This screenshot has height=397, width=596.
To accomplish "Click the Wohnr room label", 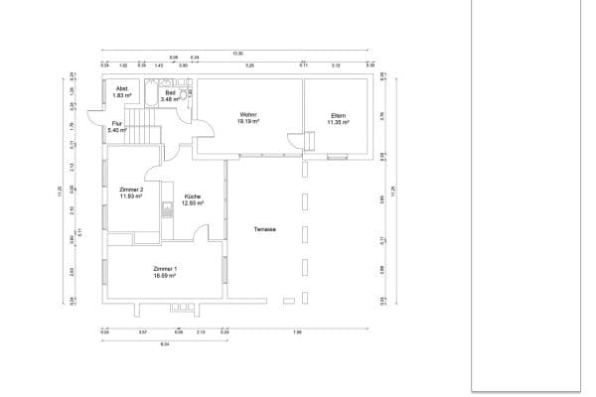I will point(248,114).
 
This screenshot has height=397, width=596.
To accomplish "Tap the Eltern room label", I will point(339,116).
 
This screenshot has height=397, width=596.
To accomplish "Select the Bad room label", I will point(170,92).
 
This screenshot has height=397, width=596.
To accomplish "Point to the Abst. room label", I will point(122,89).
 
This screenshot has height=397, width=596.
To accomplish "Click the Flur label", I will point(117,124).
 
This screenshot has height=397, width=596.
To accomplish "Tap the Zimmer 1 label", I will point(165,269).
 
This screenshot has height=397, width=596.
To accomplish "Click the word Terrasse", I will point(264,229).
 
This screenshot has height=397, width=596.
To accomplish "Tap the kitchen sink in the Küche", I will point(168,209).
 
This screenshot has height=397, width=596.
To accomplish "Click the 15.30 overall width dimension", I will point(237,53).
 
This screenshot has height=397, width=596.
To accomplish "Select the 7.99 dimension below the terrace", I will point(298,331).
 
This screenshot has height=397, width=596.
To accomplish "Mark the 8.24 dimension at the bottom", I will point(164,343).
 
